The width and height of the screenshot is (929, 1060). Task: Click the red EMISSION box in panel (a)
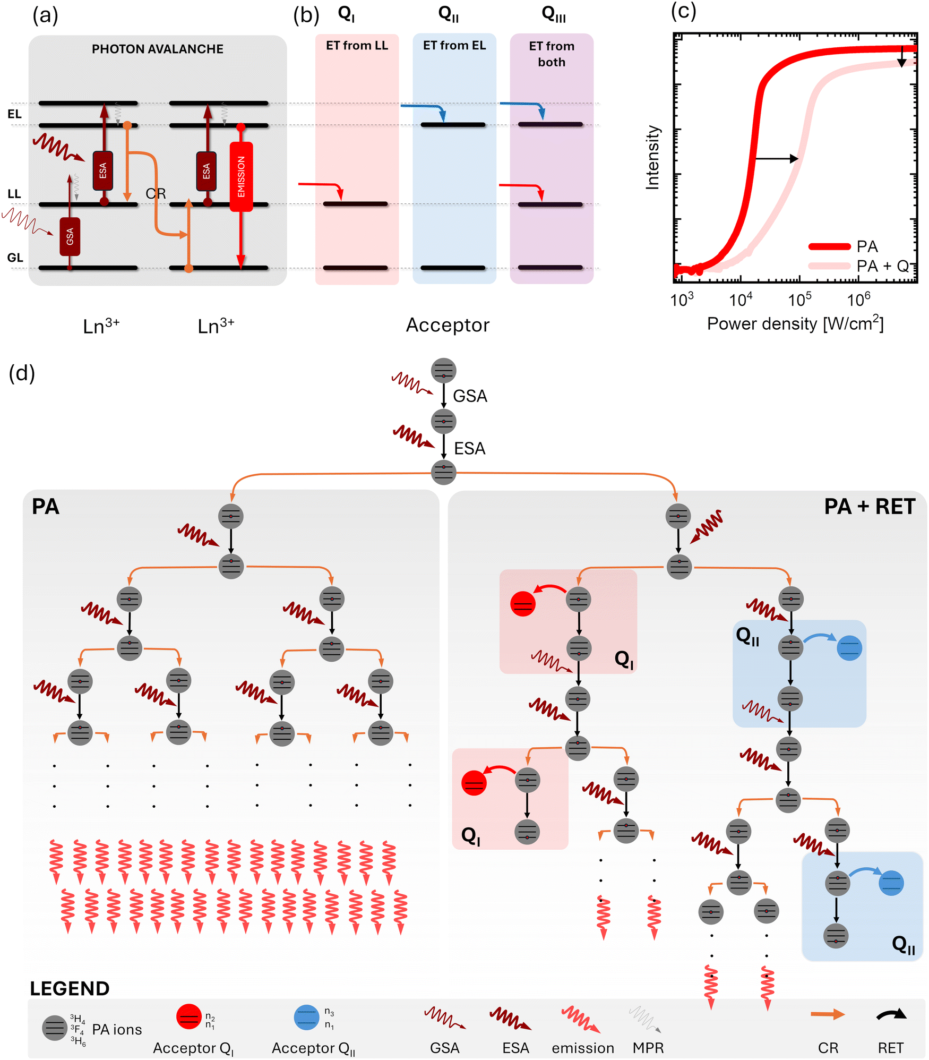point(241,176)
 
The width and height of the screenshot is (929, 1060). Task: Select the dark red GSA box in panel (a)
point(70,236)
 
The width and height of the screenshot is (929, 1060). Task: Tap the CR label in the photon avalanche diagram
point(156,193)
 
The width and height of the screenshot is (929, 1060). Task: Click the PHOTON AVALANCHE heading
point(158,49)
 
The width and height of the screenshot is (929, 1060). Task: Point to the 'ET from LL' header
point(357,46)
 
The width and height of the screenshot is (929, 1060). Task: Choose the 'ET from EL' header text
point(454,46)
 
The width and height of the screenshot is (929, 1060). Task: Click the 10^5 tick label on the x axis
point(799,299)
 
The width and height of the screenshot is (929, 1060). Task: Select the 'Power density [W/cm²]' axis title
point(795,323)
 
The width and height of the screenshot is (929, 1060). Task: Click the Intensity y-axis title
point(652,157)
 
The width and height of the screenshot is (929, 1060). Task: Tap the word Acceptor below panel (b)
point(448,325)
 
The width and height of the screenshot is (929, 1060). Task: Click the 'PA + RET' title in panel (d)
point(870,507)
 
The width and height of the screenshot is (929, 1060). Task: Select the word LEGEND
point(70,989)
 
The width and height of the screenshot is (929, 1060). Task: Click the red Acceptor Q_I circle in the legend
point(189,1016)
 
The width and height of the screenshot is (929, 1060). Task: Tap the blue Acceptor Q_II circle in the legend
point(307,1017)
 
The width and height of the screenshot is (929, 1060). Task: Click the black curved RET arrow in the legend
point(891,1014)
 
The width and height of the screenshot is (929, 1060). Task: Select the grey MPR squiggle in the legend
point(646,1019)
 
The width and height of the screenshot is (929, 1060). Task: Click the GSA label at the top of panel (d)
point(470,396)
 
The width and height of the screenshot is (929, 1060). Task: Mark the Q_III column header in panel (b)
point(554,14)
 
